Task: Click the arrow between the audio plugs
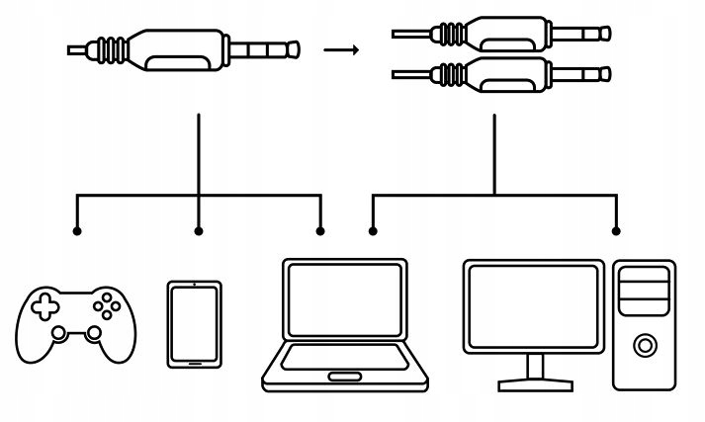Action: coord(342,48)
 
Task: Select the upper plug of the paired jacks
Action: coord(503,34)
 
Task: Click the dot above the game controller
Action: coord(77,231)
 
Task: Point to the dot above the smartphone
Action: coord(199,231)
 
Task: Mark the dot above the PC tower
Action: coord(616,231)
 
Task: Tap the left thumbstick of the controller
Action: coord(59,333)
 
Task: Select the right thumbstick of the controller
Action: coord(93,333)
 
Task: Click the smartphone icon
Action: coord(194,325)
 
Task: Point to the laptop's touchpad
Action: coord(345,376)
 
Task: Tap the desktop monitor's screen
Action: coord(534,304)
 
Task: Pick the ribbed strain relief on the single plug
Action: coord(114,47)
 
